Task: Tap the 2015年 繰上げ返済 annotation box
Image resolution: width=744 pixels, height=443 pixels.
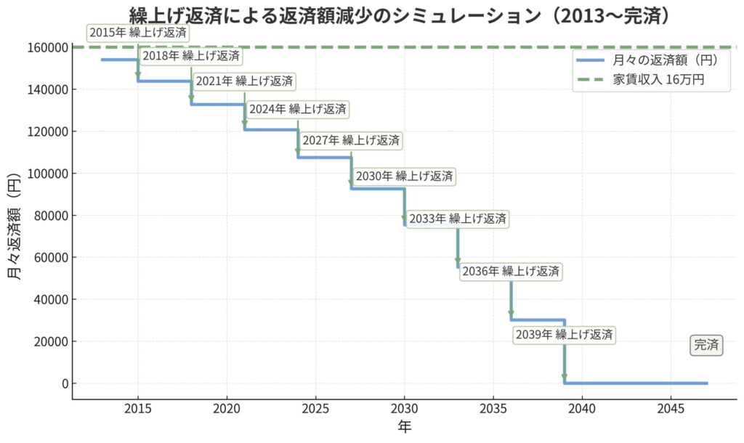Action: click(138, 33)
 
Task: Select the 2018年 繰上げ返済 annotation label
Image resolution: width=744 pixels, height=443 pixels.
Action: click(191, 56)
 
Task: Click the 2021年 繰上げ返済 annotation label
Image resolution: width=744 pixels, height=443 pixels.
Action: click(245, 81)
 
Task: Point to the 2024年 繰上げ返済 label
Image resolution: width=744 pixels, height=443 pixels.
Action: click(298, 110)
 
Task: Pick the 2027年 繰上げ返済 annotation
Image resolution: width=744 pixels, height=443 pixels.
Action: click(351, 140)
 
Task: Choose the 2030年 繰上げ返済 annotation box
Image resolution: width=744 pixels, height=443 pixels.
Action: click(405, 176)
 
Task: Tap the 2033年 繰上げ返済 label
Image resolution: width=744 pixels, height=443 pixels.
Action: click(458, 219)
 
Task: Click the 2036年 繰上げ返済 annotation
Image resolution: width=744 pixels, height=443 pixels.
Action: click(511, 272)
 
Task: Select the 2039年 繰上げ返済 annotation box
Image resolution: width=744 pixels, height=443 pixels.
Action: click(565, 335)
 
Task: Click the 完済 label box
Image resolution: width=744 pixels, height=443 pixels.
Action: click(705, 346)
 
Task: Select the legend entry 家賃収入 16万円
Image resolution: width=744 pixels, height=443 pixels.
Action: click(650, 81)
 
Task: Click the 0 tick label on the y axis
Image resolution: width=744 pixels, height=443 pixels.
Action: click(65, 383)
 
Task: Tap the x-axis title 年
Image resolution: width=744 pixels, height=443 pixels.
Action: click(405, 426)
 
